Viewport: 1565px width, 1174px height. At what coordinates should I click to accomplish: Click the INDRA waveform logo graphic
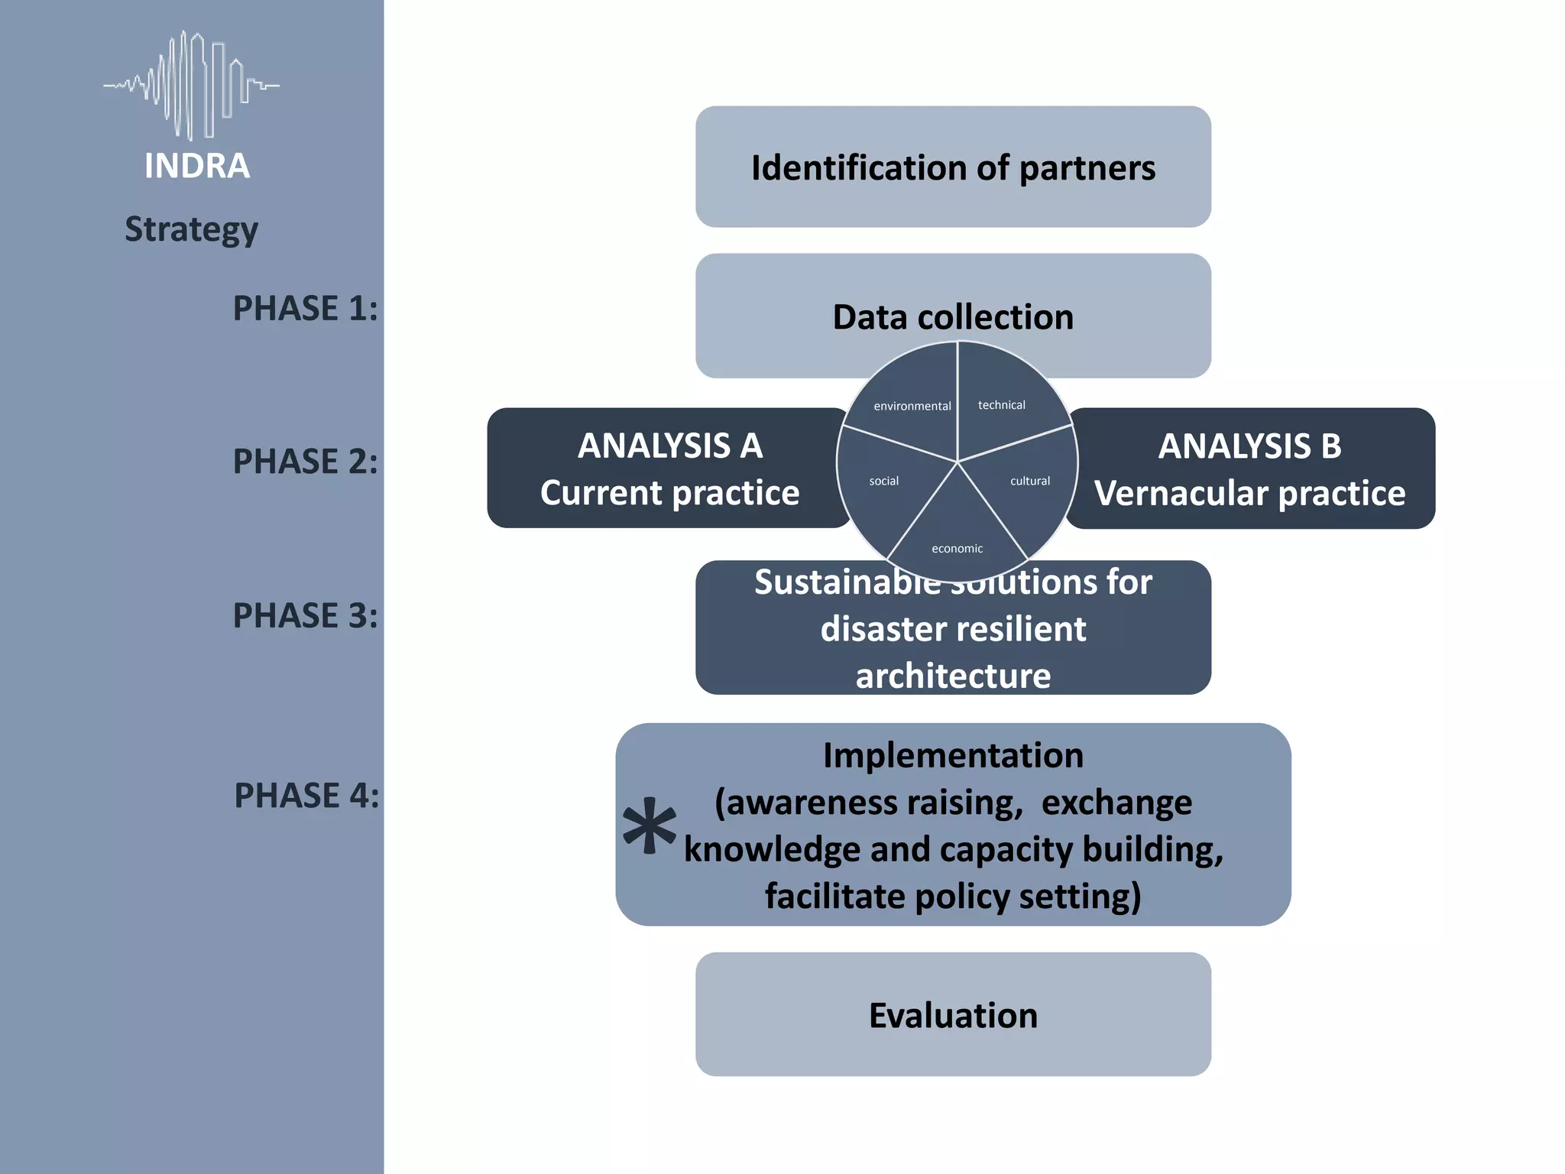[191, 86]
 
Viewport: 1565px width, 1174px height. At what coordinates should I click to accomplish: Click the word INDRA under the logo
[197, 166]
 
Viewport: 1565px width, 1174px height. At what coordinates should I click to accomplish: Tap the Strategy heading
[191, 229]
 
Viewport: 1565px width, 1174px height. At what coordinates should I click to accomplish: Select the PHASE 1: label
[305, 309]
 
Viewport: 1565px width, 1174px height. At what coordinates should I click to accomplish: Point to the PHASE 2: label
[305, 462]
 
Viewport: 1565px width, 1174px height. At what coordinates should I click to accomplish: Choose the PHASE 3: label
[305, 616]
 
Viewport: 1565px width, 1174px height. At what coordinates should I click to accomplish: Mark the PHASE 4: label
[306, 796]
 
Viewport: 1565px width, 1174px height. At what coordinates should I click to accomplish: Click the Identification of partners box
[953, 167]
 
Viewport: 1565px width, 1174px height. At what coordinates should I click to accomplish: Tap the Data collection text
[953, 317]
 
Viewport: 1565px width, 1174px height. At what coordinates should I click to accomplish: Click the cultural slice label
[1030, 481]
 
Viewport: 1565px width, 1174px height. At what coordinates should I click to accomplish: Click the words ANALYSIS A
[670, 446]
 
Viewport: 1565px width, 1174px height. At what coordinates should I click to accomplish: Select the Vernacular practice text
[1249, 494]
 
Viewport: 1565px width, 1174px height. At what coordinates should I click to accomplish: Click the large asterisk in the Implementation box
[650, 827]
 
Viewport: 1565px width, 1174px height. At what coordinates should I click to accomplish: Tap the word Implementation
[953, 756]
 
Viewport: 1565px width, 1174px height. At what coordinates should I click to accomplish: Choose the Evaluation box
[953, 1015]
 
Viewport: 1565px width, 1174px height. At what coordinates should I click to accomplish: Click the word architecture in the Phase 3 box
[953, 676]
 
